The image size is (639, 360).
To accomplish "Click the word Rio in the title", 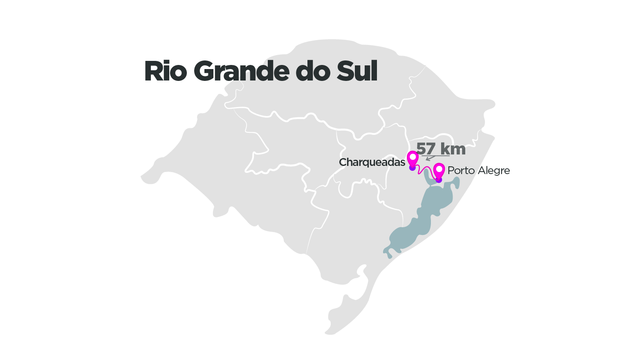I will (x=166, y=72).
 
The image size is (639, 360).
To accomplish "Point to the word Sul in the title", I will (x=357, y=72).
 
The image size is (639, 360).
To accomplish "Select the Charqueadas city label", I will (x=372, y=163).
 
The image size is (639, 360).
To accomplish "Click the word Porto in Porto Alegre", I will (x=461, y=170).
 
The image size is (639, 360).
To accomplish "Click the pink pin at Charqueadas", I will (x=413, y=158).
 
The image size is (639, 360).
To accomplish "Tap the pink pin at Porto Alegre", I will (x=439, y=170).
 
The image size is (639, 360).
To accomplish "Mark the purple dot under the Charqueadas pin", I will (x=413, y=168).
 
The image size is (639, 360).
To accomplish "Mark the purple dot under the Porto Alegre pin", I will (x=439, y=180).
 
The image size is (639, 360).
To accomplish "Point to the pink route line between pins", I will (x=425, y=171).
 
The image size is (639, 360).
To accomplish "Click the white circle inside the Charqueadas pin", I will (x=413, y=156).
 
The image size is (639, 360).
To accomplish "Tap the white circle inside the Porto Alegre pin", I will (x=439, y=168).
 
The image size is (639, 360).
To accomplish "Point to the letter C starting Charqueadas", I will (x=343, y=163).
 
